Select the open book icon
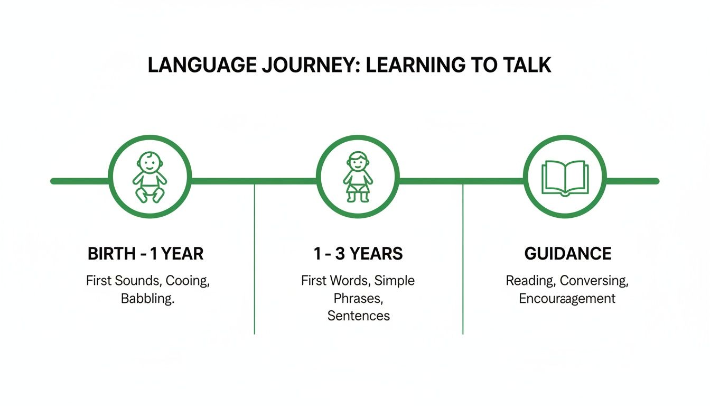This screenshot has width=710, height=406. coord(565,178)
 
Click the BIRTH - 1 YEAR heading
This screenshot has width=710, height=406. coord(145,254)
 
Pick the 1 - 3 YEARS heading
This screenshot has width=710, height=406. coord(358,254)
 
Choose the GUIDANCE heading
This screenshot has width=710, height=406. coord(567,254)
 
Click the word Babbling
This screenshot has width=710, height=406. coord(147,298)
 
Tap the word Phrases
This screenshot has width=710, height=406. coord(358,298)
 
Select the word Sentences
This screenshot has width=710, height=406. coord(358,316)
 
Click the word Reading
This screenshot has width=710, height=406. coord(530,281)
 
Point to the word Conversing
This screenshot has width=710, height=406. coord(594,281)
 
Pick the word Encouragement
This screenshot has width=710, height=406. coord(567,298)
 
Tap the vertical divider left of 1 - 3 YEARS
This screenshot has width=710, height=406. coord(255,259)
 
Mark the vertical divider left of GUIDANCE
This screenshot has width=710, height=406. coord(463,259)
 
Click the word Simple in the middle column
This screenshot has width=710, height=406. coord(394,281)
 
